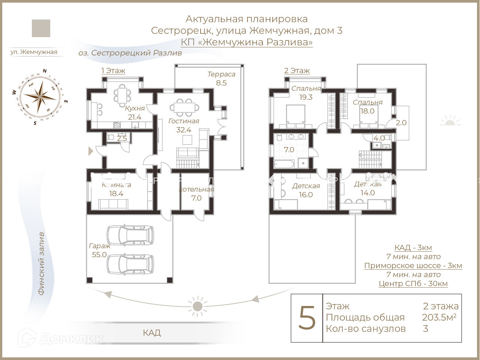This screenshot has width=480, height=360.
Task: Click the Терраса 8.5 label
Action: [x=221, y=79]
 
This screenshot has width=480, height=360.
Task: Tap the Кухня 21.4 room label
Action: [x=135, y=113]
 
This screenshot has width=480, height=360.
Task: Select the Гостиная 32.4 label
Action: [x=184, y=126]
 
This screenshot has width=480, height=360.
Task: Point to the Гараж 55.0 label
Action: [x=99, y=250]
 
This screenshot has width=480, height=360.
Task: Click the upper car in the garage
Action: [x=130, y=235]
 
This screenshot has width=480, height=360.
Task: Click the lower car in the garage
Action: [x=130, y=264]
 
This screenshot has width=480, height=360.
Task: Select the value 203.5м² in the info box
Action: [x=439, y=318]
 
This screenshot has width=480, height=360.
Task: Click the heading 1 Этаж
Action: [x=113, y=70]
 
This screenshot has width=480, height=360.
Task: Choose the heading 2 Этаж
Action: [x=297, y=70]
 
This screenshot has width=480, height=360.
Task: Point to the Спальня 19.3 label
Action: [x=306, y=93]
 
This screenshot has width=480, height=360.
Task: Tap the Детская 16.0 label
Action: [x=306, y=190]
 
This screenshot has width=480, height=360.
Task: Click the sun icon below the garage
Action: [x=197, y=306]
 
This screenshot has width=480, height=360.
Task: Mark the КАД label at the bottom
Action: [x=152, y=333]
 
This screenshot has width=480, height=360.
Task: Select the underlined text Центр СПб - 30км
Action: [x=413, y=283]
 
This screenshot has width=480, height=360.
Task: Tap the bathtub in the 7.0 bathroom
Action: [x=283, y=163]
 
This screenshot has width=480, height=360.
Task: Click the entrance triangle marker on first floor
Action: [x=90, y=151]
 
